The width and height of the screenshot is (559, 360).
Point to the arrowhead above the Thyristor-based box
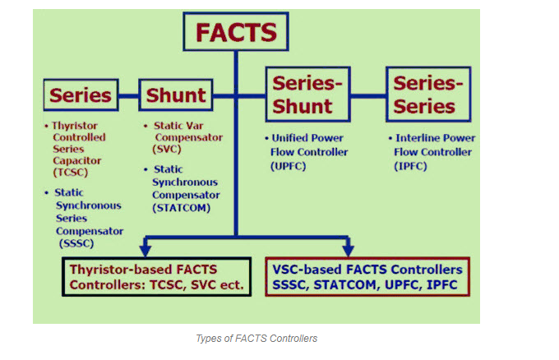(x=146, y=249)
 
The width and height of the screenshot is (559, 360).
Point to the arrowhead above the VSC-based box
(x=348, y=249)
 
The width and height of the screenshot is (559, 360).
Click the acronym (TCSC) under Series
(x=70, y=173)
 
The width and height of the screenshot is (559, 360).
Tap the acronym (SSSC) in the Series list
(x=76, y=243)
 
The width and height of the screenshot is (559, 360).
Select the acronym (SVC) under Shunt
(x=167, y=149)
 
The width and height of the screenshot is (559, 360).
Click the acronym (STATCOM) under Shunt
(x=182, y=208)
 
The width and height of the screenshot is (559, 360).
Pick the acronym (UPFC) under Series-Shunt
(x=288, y=166)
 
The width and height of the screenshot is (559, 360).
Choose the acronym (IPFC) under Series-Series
(x=410, y=166)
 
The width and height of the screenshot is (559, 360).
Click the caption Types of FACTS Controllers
(x=256, y=339)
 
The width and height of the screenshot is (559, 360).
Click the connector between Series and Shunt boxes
(x=129, y=96)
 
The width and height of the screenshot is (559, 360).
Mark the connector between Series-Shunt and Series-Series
(x=368, y=96)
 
